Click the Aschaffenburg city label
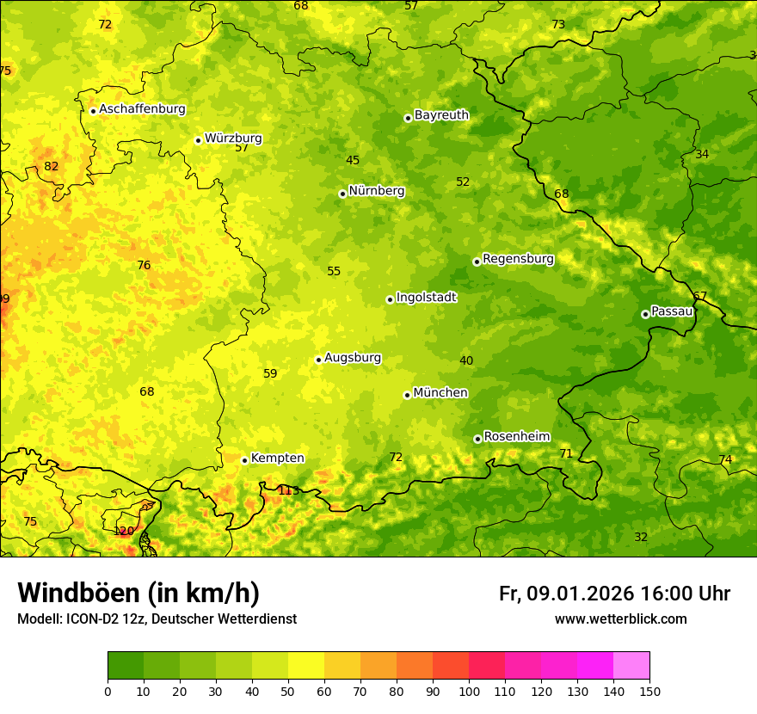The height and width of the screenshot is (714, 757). (x=142, y=109)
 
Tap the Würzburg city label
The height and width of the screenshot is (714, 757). (x=233, y=138)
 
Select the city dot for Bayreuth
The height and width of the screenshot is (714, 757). (x=408, y=118)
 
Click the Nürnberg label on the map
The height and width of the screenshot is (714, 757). (x=376, y=191)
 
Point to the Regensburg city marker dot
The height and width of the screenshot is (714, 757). (x=477, y=262)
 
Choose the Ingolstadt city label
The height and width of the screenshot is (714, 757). (x=426, y=298)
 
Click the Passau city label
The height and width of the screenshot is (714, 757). (x=671, y=311)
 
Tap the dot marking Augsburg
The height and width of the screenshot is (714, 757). (x=318, y=360)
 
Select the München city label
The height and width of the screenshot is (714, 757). (x=440, y=393)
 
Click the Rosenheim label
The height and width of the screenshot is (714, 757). (x=516, y=437)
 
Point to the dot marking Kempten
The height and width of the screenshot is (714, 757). (x=244, y=460)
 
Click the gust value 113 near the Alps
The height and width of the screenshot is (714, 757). (x=288, y=490)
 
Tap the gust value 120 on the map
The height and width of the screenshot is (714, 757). (x=124, y=531)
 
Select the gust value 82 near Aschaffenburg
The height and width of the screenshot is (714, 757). (x=52, y=166)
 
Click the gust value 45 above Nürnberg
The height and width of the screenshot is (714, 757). (x=353, y=160)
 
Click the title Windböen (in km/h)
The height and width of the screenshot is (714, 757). (x=138, y=593)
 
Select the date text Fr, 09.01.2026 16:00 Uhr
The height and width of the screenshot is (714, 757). (x=614, y=594)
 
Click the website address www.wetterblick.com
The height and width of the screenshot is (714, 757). (x=620, y=619)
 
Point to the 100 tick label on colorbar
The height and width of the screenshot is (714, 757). (x=469, y=691)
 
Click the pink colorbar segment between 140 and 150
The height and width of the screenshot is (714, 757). (x=631, y=666)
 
